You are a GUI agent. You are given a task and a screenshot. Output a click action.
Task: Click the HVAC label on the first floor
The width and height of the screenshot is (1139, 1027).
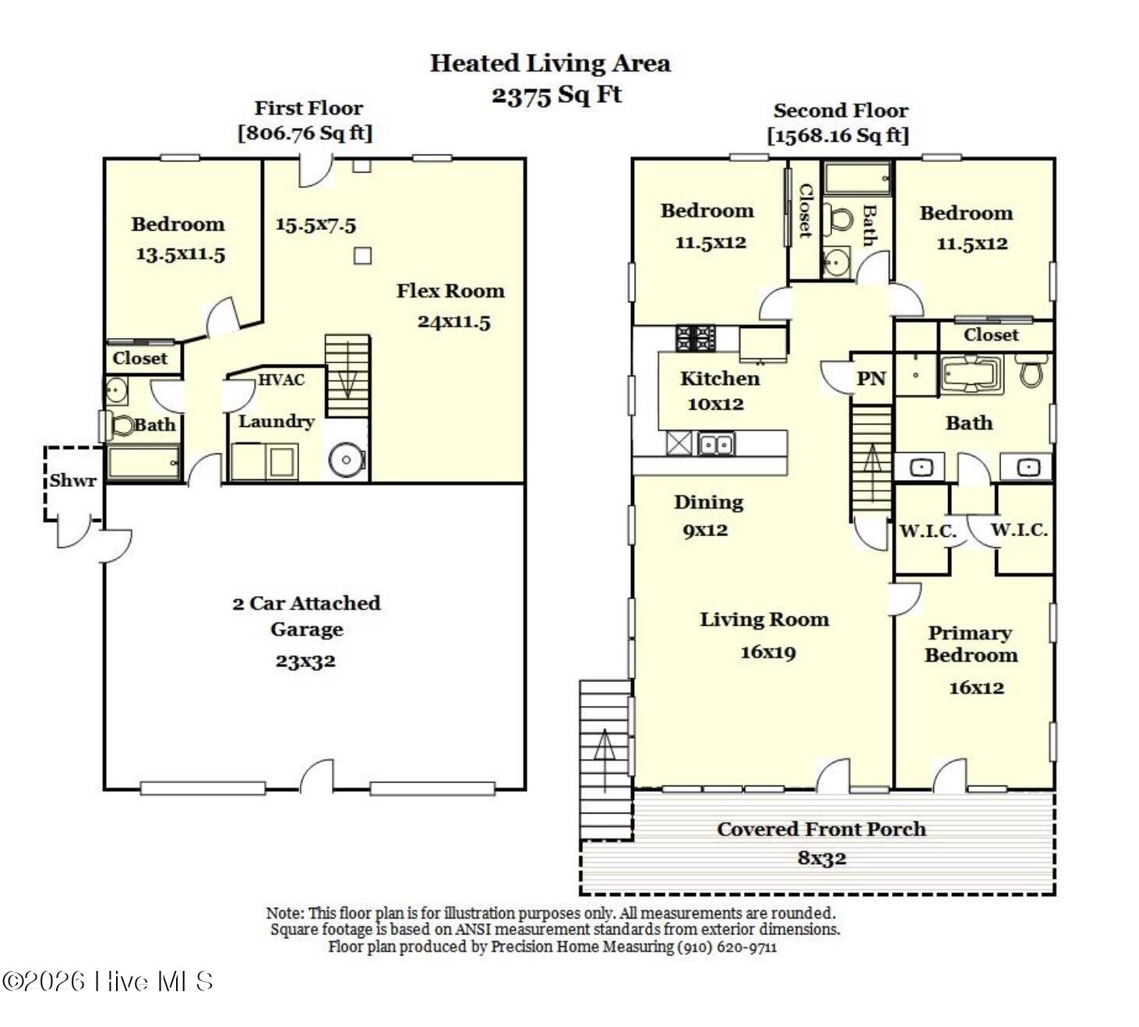pyautogui.click(x=281, y=379)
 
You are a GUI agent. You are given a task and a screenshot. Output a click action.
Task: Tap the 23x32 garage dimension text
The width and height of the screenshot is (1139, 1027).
pyautogui.click(x=305, y=661)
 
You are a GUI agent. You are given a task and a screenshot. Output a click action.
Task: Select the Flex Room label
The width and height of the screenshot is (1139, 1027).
pyautogui.click(x=450, y=291)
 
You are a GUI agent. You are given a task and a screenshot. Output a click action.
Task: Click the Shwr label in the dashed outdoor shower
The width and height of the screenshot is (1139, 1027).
pyautogui.click(x=72, y=481)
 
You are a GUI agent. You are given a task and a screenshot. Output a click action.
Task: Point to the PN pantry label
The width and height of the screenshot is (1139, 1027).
pyautogui.click(x=871, y=379)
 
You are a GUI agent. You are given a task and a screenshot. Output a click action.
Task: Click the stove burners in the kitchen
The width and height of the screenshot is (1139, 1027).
pyautogui.click(x=696, y=338)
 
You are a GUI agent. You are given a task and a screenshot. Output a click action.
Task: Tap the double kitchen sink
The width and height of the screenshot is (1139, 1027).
pyautogui.click(x=717, y=443)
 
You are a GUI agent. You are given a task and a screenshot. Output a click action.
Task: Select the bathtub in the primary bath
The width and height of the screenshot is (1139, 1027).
pyautogui.click(x=972, y=374)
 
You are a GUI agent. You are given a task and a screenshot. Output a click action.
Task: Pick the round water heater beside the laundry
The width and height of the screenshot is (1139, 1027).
pyautogui.click(x=347, y=459)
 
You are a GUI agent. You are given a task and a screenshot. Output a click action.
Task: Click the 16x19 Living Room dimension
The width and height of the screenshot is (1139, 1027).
pyautogui.click(x=767, y=652)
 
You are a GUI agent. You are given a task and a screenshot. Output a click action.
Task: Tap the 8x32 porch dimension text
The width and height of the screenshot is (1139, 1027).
pyautogui.click(x=822, y=858)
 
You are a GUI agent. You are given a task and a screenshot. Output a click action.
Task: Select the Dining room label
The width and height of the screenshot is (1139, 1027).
pyautogui.click(x=708, y=503)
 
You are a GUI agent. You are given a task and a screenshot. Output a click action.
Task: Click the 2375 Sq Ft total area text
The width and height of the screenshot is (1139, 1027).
pyautogui.click(x=556, y=95)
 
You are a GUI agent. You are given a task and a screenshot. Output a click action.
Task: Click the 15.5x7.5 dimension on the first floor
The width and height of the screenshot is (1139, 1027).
pyautogui.click(x=316, y=225)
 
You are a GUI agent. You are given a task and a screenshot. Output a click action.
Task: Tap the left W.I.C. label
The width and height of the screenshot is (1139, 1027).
pyautogui.click(x=928, y=531)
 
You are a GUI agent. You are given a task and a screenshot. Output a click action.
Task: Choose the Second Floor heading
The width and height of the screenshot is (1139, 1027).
pyautogui.click(x=841, y=110)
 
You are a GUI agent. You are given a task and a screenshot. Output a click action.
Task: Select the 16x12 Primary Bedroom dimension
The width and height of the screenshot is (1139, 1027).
pyautogui.click(x=977, y=688)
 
